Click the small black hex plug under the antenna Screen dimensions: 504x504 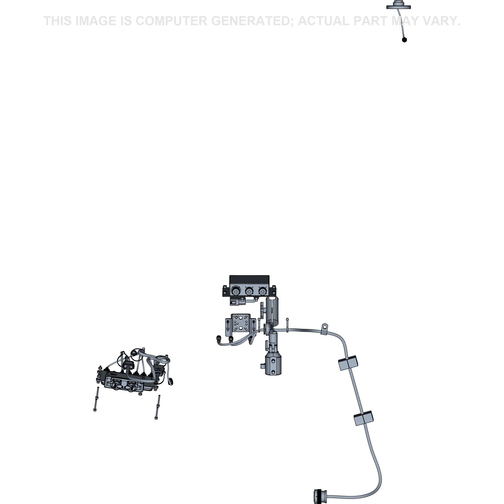(404, 40)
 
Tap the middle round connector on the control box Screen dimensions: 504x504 (249, 291)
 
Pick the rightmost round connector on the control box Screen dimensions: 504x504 (262, 291)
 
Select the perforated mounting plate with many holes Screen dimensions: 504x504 (241, 325)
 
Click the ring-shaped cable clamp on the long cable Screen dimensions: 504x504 (324, 327)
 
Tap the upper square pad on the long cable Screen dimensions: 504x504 (348, 363)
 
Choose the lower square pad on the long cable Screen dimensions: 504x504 (363, 418)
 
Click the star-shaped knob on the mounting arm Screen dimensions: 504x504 (262, 310)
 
